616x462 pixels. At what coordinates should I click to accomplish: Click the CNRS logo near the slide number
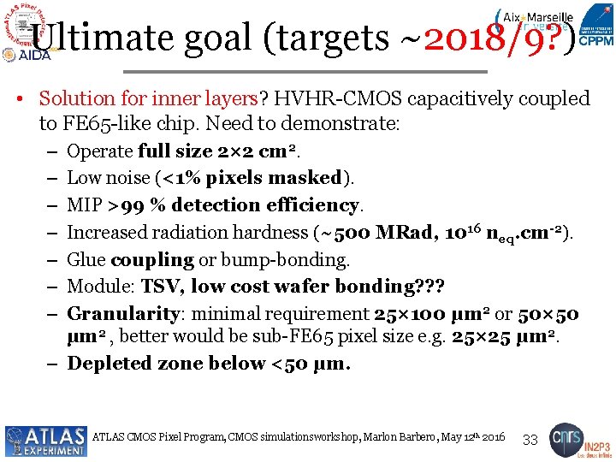566,437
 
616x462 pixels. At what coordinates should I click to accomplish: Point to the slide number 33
530,440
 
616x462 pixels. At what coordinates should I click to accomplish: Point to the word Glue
86,259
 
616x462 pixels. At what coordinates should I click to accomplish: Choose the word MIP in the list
84,205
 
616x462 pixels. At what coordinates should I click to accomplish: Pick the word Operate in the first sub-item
99,151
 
